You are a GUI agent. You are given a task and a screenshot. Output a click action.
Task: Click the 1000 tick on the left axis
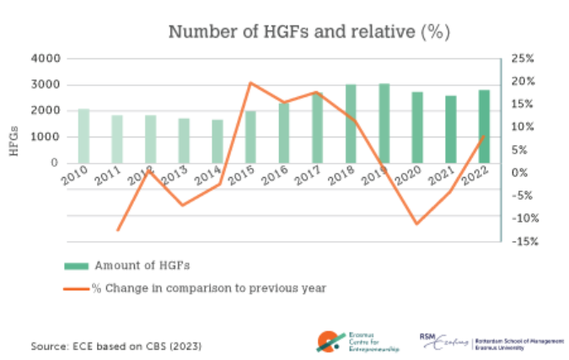point(48,137)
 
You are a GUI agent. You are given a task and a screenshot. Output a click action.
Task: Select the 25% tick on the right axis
point(523,59)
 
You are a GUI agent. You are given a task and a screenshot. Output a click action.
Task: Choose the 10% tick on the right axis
point(523,127)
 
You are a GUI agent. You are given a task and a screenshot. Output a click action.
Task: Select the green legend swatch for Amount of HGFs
point(76,266)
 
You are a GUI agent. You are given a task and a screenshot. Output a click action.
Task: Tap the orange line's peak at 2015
point(250,83)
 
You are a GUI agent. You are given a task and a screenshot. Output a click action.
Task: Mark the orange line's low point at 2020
point(416,224)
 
